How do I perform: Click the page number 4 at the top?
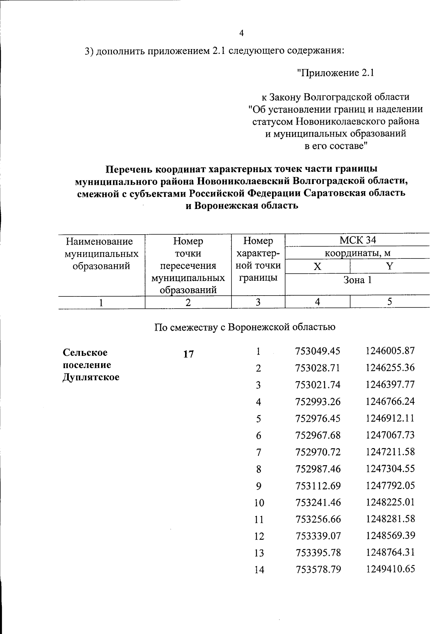tap(242, 33)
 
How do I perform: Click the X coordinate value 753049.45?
tap(318, 351)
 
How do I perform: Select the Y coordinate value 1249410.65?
tap(390, 569)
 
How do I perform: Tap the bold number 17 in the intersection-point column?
tap(188, 354)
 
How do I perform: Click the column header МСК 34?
tap(358, 240)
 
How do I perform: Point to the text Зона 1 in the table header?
tap(357, 280)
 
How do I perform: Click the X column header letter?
tap(317, 267)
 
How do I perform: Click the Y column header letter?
tap(389, 267)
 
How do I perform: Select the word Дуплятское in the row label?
tap(91, 377)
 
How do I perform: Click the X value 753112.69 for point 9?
tap(318, 486)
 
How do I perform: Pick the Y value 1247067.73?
tap(390, 435)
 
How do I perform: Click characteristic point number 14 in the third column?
tap(259, 570)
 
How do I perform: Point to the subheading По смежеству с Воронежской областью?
tap(245, 327)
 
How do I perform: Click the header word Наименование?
tap(99, 242)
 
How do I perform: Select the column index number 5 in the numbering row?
tap(389, 302)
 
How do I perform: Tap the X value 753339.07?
tap(318, 536)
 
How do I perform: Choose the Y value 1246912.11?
tap(390, 418)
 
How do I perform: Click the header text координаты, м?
tap(358, 254)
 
